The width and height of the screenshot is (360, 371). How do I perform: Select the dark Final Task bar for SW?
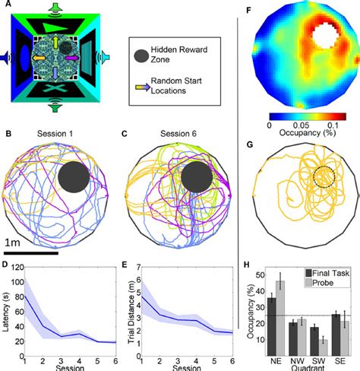tap(315, 341)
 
